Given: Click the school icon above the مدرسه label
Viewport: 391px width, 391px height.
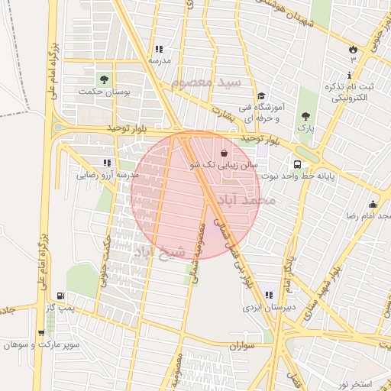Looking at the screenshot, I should point(158,49).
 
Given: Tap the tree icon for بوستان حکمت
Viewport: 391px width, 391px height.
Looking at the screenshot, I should point(103,79).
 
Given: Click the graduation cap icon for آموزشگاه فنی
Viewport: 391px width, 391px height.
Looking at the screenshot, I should point(261,96).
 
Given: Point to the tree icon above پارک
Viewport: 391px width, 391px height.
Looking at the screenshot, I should point(305,116).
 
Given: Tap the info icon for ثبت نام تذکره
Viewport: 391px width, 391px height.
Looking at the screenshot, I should point(350,76).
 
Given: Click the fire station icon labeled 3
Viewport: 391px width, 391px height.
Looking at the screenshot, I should point(353,47).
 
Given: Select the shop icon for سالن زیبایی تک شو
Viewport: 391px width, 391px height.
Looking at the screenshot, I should point(224,152).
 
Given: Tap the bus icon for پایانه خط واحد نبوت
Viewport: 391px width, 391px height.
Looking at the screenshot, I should point(296,163).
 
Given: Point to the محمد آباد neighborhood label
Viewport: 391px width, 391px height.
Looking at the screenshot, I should point(246,200).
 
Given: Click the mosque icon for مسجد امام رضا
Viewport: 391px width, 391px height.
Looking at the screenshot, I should point(373,204).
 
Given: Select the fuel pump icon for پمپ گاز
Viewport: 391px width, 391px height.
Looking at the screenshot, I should point(60,296).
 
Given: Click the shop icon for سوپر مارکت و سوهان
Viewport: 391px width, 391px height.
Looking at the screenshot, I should point(40,333).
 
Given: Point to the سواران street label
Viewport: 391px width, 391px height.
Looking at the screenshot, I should point(244,346).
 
